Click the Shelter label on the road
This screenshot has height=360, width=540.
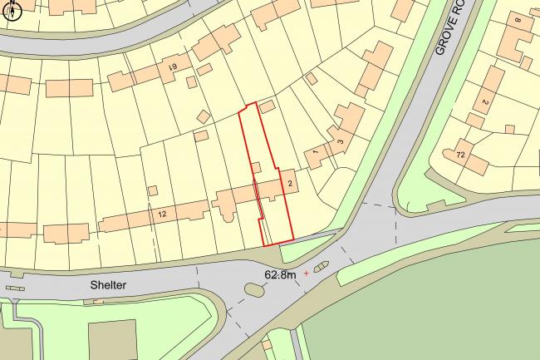coord(108,285)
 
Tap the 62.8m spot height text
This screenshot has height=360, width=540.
coord(281,274)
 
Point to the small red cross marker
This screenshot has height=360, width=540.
coord(306,273)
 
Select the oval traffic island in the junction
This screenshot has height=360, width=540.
coord(254,290)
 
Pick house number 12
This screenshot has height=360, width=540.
coord(161,215)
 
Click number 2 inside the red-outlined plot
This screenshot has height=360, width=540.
coord(289,182)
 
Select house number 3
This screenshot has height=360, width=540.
coord(339,141)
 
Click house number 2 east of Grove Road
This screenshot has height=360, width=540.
coord(484,102)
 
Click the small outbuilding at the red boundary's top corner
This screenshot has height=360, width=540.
coord(267,107)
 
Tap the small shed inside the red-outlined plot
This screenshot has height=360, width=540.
coord(257,167)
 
